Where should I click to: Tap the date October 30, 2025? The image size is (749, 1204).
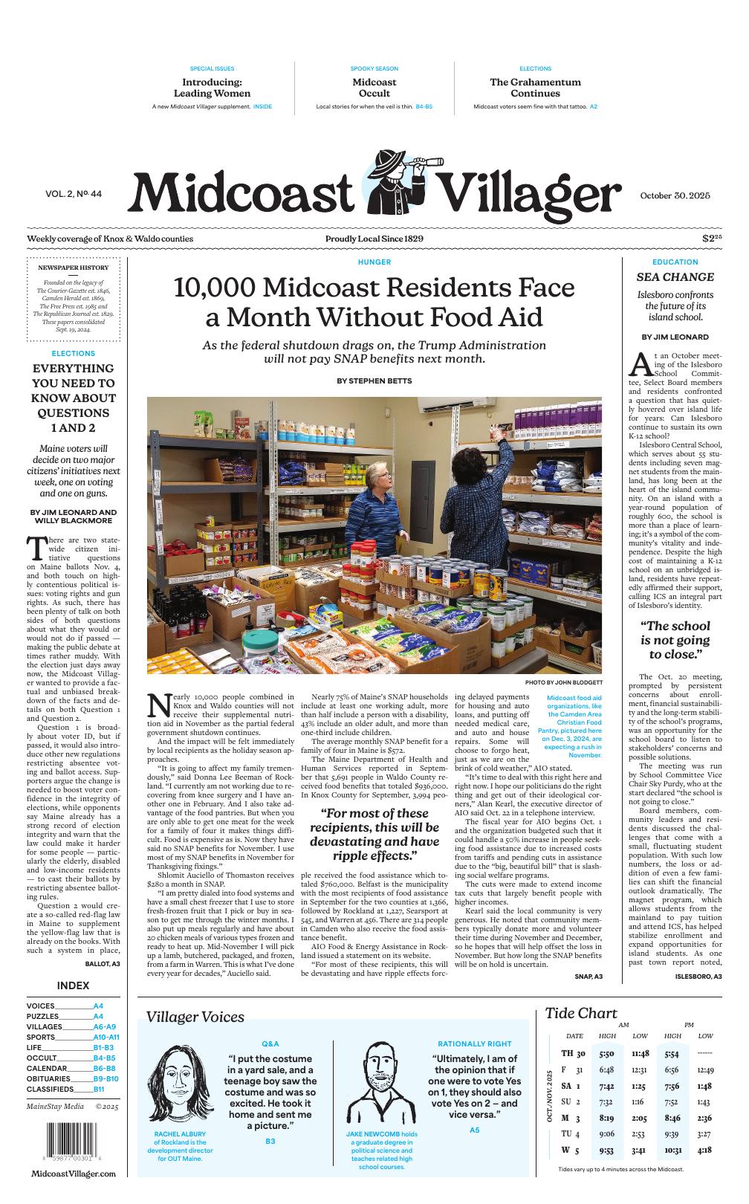pos(675,195)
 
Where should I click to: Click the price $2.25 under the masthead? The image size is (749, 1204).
pos(712,239)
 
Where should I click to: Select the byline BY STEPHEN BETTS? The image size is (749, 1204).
pos(374,381)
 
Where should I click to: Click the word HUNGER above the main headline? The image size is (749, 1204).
pos(374,262)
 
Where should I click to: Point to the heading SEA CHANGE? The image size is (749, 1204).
pos(675,277)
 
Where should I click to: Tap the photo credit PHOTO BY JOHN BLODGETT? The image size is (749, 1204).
pos(563,682)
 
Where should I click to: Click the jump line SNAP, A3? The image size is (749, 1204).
pos(588,975)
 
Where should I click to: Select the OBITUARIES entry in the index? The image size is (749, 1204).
pos(49,1078)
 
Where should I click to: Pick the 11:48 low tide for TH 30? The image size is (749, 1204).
pos(640,1053)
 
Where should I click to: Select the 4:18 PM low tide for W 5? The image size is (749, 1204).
pos(704,1150)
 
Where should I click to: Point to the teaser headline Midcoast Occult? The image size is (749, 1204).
pos(374,88)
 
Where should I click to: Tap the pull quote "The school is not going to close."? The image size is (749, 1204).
pos(675,640)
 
